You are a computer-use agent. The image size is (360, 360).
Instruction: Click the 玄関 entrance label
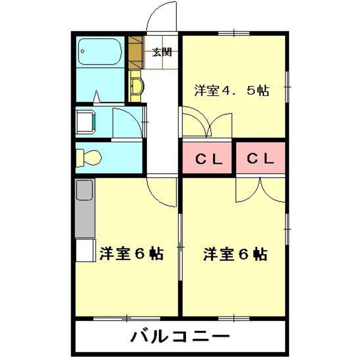pos(161,53)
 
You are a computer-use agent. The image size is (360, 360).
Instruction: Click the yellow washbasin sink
pos(136,86)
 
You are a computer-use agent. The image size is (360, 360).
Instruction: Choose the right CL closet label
pos(260,158)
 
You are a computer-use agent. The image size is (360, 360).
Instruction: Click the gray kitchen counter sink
pos(85,190)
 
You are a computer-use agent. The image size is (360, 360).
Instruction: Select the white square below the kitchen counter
pos(85,251)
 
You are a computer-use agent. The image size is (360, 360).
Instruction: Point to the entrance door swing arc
pos(160,16)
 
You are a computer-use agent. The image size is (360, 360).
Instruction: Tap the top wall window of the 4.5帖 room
pos(234,33)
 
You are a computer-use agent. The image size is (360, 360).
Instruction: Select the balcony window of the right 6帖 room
pos(234,318)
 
